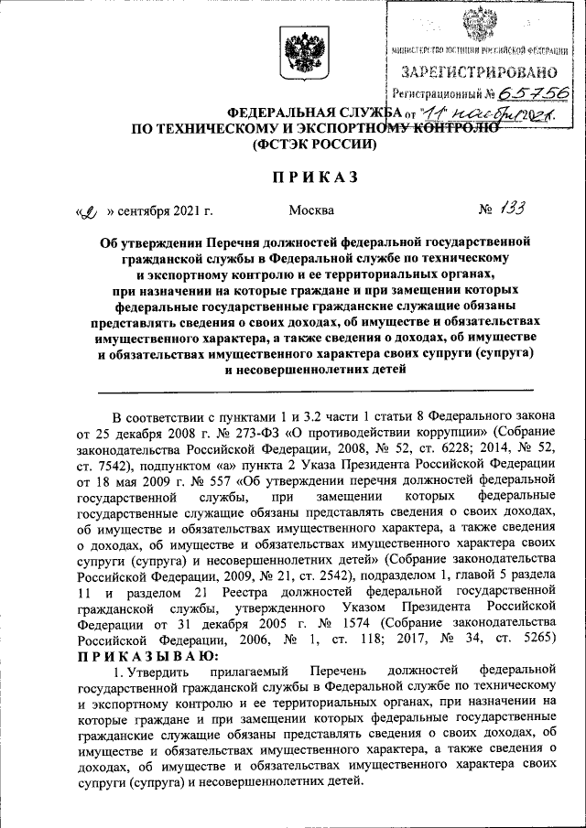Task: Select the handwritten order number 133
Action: tap(512, 210)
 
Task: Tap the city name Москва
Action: tap(311, 210)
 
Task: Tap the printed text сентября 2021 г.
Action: tap(160, 210)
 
